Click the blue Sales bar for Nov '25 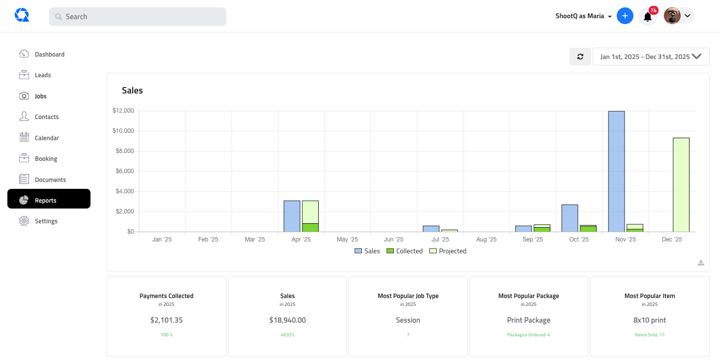click(x=616, y=171)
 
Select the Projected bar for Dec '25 click(x=681, y=185)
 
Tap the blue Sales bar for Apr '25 click(x=292, y=216)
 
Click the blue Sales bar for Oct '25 click(x=570, y=218)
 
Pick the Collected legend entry click(x=404, y=251)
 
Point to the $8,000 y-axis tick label click(x=124, y=151)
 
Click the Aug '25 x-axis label click(x=486, y=240)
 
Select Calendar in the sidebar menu click(x=47, y=138)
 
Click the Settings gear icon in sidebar click(x=24, y=221)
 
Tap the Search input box click(x=138, y=17)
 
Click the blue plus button click(x=625, y=16)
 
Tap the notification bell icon click(x=648, y=17)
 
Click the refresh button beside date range click(x=580, y=57)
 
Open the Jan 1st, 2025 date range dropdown click(x=651, y=57)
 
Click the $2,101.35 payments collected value click(x=166, y=320)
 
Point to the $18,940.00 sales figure click(x=287, y=320)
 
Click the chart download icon click(x=701, y=263)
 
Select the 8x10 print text click(x=649, y=320)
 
